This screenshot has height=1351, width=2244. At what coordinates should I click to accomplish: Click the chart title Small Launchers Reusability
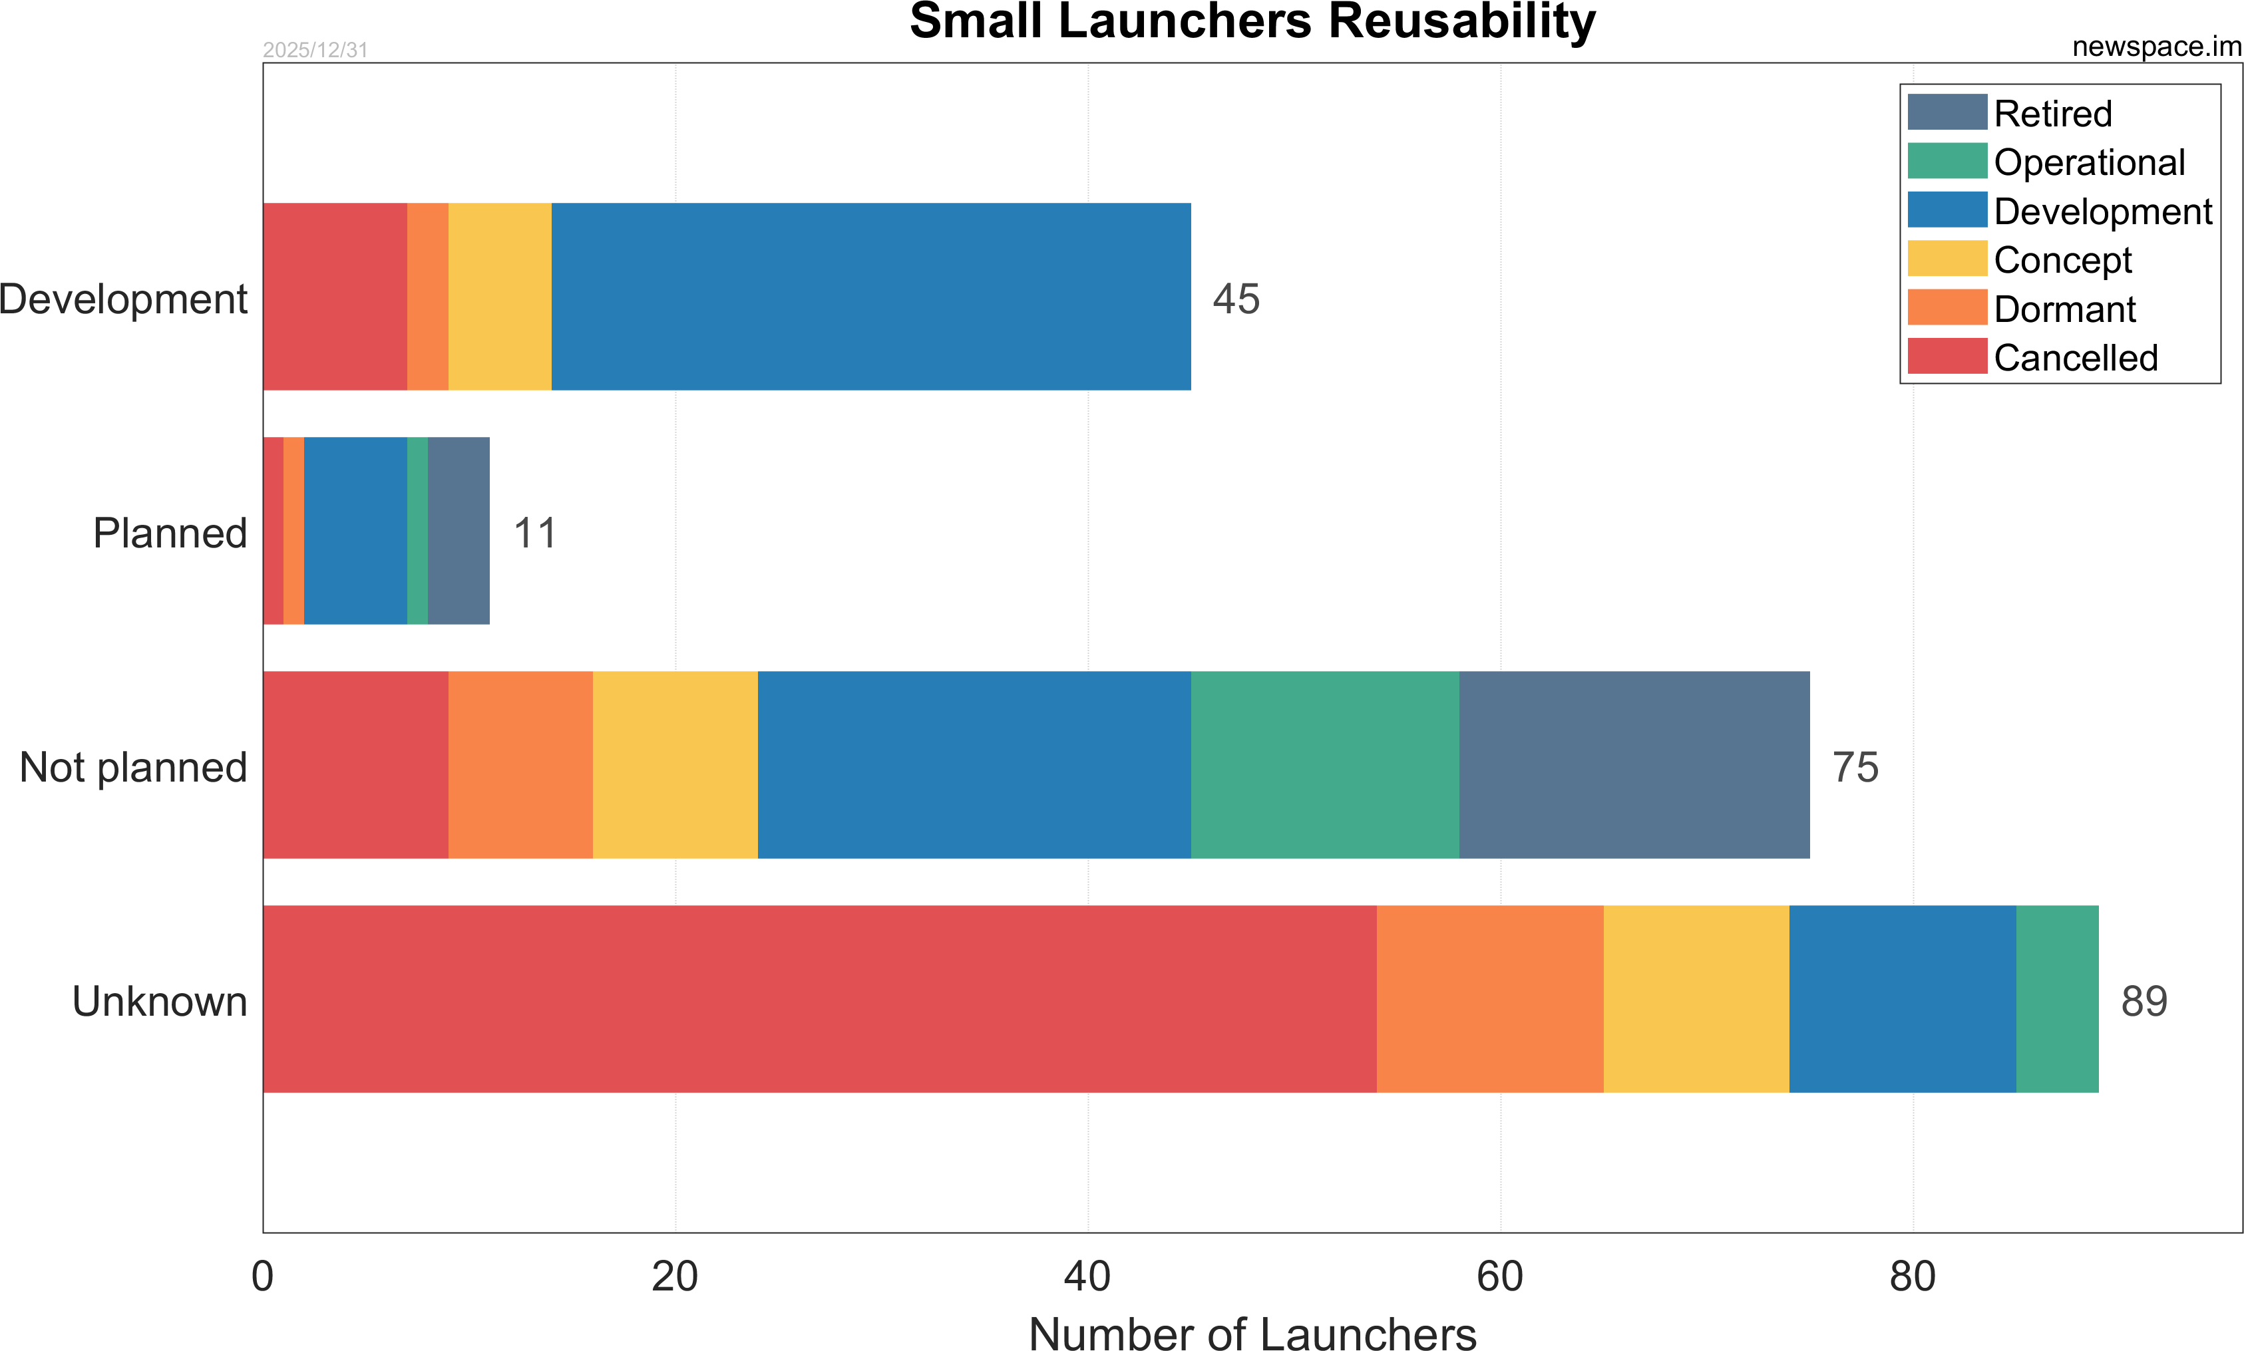point(1252,22)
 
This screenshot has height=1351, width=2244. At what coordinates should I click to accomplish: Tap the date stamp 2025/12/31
point(315,50)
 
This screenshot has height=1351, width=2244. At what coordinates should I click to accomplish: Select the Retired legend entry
point(2053,114)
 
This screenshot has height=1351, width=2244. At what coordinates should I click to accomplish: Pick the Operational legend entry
point(2089,163)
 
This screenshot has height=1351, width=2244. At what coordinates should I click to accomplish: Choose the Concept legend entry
point(2063,260)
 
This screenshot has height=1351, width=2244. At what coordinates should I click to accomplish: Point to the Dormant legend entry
point(2064,309)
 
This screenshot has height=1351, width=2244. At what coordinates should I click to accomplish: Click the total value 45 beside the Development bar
point(1236,299)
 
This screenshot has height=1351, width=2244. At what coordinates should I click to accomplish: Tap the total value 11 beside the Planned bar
point(534,533)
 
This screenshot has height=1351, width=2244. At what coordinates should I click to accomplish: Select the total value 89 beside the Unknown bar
point(2144,1000)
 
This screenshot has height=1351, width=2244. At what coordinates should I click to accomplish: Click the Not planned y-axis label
point(133,766)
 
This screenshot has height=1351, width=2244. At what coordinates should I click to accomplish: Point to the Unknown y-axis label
point(159,1000)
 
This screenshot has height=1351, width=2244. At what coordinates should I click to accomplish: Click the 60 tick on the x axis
point(1500,1276)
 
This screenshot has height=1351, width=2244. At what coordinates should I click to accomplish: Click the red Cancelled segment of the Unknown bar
point(820,998)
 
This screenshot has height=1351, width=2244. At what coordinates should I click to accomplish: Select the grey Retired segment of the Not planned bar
point(1634,765)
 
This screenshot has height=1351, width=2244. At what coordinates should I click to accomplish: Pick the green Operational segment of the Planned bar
point(417,531)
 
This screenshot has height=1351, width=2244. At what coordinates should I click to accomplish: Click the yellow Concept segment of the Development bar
point(500,297)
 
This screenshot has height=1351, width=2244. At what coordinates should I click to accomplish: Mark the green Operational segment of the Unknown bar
point(2057,998)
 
